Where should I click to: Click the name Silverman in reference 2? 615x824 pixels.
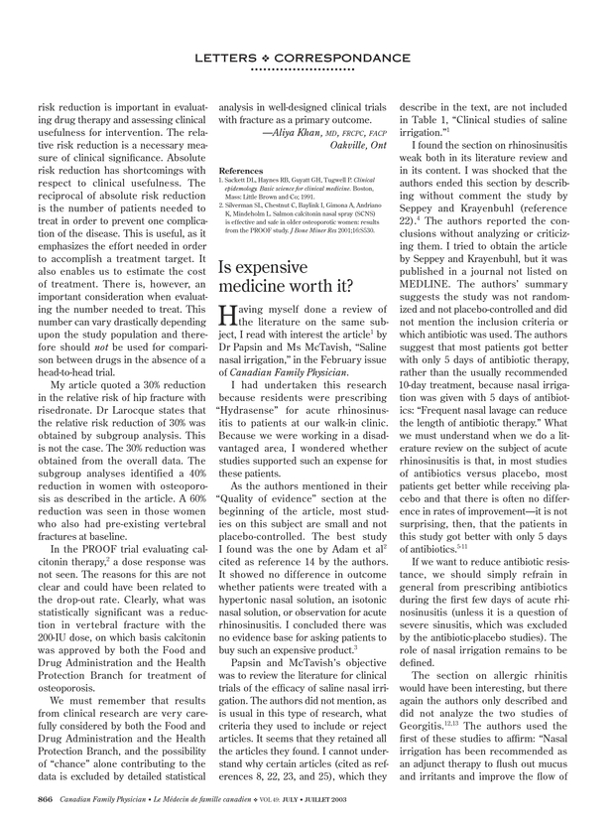(248, 204)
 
